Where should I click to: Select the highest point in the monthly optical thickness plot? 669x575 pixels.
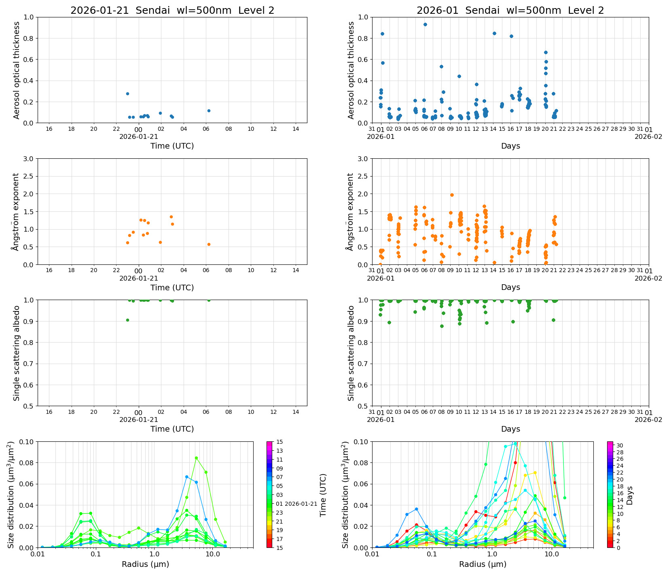(425, 24)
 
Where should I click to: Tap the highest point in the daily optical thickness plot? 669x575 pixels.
(127, 94)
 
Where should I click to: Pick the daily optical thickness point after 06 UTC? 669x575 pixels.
(209, 111)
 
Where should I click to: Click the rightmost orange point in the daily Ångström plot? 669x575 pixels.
(209, 244)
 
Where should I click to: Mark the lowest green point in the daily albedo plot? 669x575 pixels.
(127, 320)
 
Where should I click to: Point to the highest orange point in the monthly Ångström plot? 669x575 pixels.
(452, 195)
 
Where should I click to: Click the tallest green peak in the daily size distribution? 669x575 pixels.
(196, 458)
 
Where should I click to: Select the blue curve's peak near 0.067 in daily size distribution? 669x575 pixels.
(186, 477)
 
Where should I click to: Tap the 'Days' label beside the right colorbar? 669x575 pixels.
(630, 495)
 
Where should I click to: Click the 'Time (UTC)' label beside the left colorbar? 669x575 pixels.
(323, 495)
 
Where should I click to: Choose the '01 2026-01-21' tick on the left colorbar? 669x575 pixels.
(300, 504)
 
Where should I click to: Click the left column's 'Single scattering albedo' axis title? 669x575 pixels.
(17, 353)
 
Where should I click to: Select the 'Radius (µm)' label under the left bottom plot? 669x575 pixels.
(145, 564)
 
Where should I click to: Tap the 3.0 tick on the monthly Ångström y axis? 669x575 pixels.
(363, 159)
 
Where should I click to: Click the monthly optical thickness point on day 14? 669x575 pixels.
(494, 33)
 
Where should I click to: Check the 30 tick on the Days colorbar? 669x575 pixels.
(620, 445)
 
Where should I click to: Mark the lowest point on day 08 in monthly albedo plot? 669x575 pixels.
(442, 326)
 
